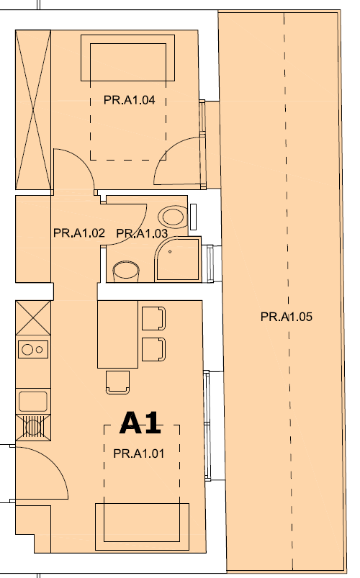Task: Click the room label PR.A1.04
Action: coord(129,100)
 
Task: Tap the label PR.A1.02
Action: coord(79,233)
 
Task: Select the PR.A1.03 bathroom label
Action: coord(142,233)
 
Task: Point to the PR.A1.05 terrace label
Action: coord(287,317)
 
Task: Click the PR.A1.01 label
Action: coord(139,453)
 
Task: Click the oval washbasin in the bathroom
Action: coord(172,217)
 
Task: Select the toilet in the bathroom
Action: coord(126,271)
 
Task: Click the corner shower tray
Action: coord(178,259)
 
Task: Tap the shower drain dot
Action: coord(170,252)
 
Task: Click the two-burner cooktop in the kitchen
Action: coord(33,349)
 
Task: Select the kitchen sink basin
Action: coord(33,401)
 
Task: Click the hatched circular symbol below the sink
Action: coord(33,428)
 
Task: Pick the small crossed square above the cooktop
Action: coord(33,317)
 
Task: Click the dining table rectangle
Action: coord(117,334)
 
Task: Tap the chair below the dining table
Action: coord(117,382)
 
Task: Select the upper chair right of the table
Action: coord(153,318)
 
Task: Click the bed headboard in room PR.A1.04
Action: coord(127,58)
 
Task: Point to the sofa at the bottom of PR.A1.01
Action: coord(142,527)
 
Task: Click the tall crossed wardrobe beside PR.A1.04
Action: coord(33,110)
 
